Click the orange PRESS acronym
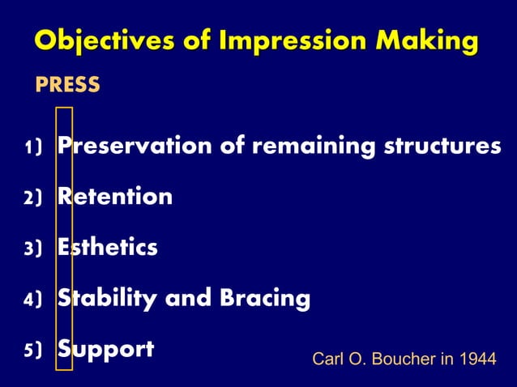tap(67, 84)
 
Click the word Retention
tap(114, 197)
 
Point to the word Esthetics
tap(107, 248)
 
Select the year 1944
tap(477, 359)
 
